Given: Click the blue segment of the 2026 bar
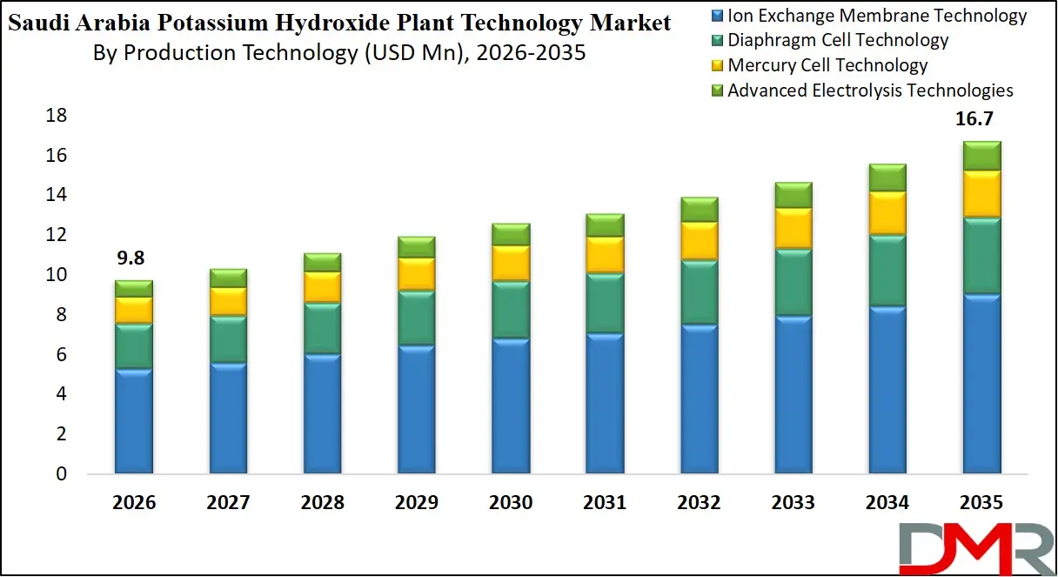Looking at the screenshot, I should tap(134, 421).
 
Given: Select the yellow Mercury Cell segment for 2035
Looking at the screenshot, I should tap(981, 193).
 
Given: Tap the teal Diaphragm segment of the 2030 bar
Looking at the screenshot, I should tap(511, 309).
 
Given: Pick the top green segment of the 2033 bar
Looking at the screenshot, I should tap(793, 195).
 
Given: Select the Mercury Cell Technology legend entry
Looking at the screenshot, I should tap(827, 65).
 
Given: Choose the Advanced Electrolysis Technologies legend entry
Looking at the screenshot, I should tap(870, 91).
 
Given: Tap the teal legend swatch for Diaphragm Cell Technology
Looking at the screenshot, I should tap(718, 41).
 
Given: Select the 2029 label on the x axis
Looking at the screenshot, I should tap(416, 503).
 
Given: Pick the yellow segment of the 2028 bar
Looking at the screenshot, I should tap(322, 286).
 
